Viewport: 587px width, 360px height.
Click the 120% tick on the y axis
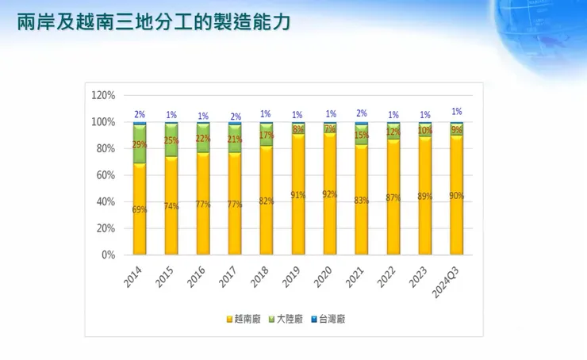point(104,95)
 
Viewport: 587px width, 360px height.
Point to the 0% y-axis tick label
point(108,255)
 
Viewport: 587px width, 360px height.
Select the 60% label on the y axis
point(106,175)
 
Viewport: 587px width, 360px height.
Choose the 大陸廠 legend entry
point(290,319)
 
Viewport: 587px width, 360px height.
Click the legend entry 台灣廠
point(329,319)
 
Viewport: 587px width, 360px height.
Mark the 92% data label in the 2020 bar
point(330,193)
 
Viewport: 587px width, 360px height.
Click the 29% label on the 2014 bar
point(140,145)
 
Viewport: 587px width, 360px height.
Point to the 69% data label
point(140,210)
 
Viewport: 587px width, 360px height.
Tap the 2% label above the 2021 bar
point(362,114)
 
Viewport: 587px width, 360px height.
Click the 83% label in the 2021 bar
point(362,201)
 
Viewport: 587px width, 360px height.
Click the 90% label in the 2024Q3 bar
point(457,196)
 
